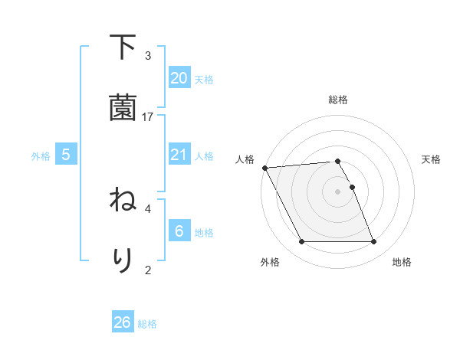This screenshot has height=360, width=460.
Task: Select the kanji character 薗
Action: point(123,107)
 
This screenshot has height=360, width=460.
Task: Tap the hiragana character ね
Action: point(123,201)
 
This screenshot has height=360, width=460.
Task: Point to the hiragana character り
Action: point(123,259)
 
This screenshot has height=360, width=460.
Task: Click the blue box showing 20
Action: point(179,77)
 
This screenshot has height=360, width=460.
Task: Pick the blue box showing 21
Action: point(179,155)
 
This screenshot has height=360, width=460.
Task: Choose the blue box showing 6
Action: point(179,231)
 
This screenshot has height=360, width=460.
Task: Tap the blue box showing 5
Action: point(66,155)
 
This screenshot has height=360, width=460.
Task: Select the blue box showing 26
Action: point(123,322)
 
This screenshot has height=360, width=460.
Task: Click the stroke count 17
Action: point(148,117)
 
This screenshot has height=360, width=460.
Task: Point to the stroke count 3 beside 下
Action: point(148,56)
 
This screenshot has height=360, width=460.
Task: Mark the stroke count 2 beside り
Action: point(148,270)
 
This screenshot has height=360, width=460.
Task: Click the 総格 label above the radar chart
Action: point(338,100)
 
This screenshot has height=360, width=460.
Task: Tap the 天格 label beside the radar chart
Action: point(432,159)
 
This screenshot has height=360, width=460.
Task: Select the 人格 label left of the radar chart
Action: point(245,159)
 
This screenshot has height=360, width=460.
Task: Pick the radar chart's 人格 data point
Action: point(264,168)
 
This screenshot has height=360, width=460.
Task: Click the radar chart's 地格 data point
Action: point(373,242)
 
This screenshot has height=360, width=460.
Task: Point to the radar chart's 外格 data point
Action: point(301,242)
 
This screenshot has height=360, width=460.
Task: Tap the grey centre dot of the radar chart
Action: point(338,191)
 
